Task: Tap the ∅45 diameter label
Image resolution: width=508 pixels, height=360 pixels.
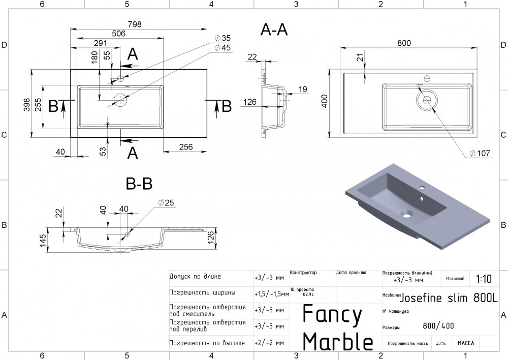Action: pos(223,47)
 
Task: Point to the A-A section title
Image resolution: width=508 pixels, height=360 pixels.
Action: pos(274,31)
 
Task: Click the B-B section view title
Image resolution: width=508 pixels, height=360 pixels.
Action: pos(139,184)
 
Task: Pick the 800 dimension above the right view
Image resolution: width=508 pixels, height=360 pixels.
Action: pos(404,43)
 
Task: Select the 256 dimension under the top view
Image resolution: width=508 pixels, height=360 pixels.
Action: pos(186,146)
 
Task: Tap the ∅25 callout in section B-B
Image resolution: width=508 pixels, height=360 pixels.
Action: pos(166,203)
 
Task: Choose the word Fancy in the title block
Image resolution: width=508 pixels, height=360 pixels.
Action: pos(332,315)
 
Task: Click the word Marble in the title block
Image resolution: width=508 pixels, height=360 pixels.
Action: pos(338,341)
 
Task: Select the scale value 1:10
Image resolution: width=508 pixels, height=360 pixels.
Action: pos(484,279)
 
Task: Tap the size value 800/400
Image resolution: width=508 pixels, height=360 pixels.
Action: pos(438,326)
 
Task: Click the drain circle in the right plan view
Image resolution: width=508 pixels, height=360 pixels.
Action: pos(426,100)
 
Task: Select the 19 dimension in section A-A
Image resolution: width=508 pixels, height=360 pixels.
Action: pos(303,89)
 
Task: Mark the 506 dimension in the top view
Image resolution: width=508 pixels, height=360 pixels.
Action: pos(118,34)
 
